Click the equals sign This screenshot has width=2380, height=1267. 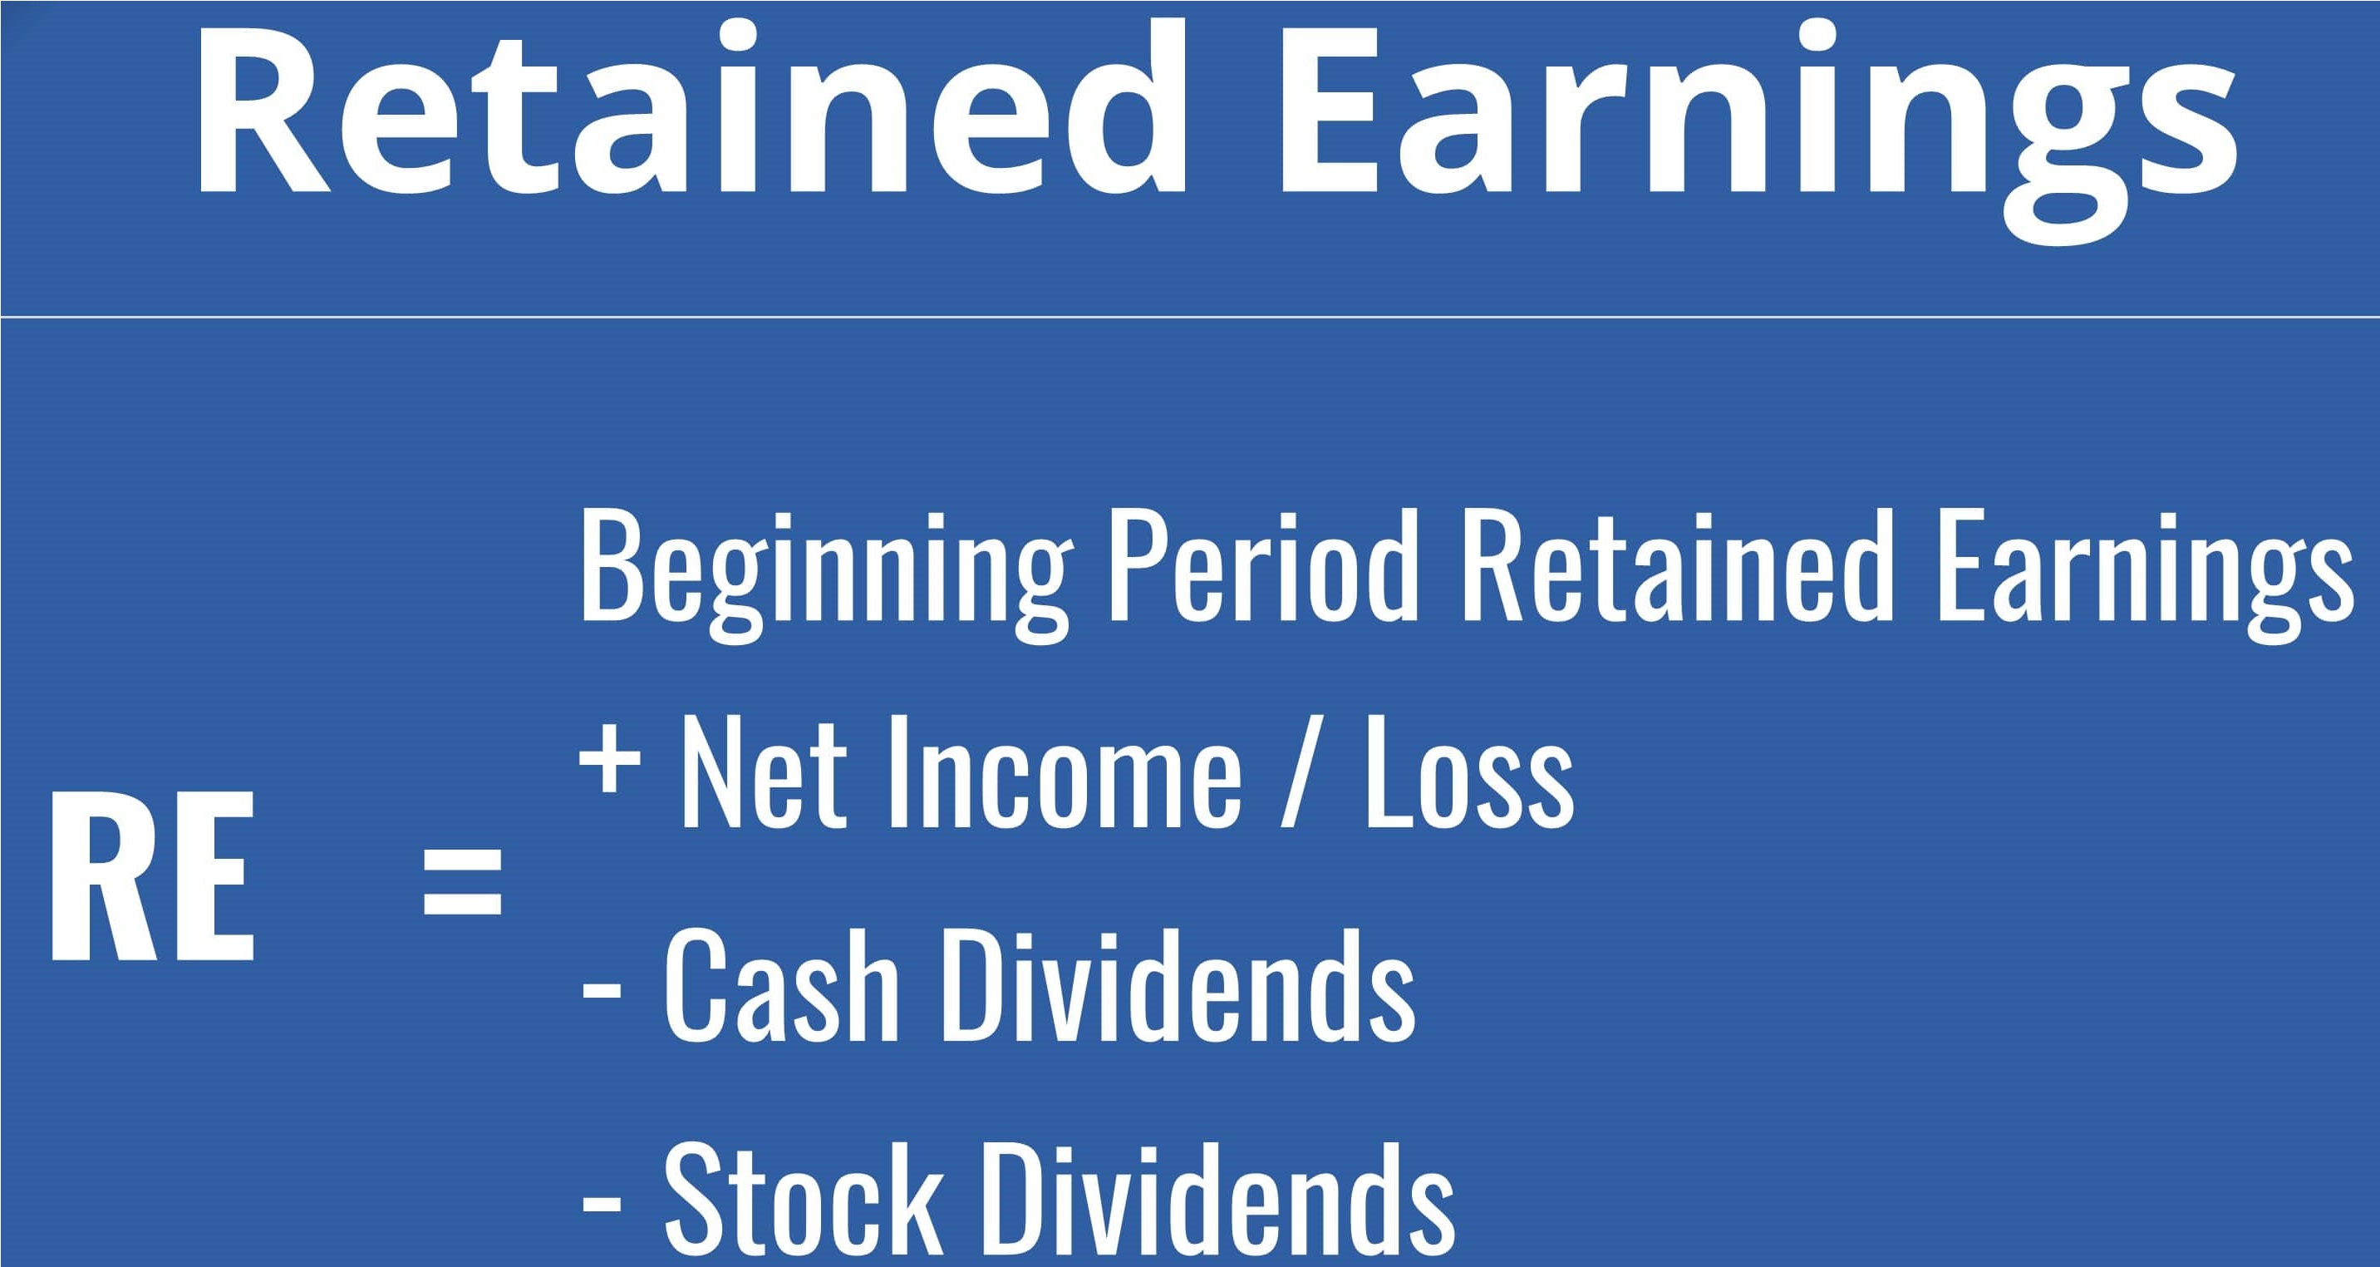click(462, 880)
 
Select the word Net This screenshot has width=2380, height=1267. click(763, 771)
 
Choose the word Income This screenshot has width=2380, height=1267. click(1065, 771)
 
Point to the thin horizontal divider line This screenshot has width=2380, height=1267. click(1190, 317)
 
